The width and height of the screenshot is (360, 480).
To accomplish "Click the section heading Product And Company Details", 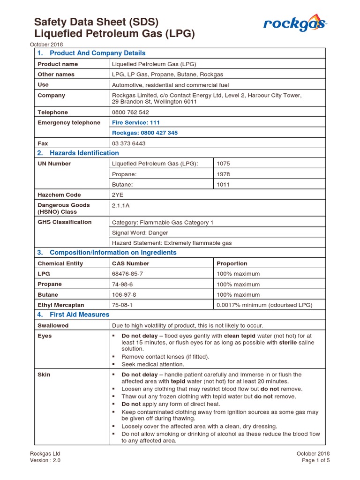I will coord(97,53).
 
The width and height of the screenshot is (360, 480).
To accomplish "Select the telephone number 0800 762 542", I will coord(130,112).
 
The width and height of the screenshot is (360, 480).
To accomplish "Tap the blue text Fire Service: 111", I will coord(136,123).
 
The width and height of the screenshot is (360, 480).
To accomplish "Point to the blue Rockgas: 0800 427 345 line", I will coord(145,133).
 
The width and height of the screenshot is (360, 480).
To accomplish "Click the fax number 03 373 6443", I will coord(128,143).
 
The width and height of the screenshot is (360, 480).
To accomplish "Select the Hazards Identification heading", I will coord(84,153).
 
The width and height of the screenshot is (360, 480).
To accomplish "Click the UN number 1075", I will coord(223,164).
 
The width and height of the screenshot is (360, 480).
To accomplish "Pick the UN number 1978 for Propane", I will coord(223,174).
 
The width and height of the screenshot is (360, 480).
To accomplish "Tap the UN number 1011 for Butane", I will coord(223,185).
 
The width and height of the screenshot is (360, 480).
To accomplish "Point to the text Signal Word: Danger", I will coord(140,232).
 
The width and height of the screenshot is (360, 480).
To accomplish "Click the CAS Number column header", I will coord(130,263).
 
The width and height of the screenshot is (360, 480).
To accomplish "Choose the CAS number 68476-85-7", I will coord(127,274).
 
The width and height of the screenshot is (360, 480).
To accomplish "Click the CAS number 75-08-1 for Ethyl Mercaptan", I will coord(122,305).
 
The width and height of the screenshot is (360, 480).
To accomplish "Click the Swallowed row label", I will coord(53,325).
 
